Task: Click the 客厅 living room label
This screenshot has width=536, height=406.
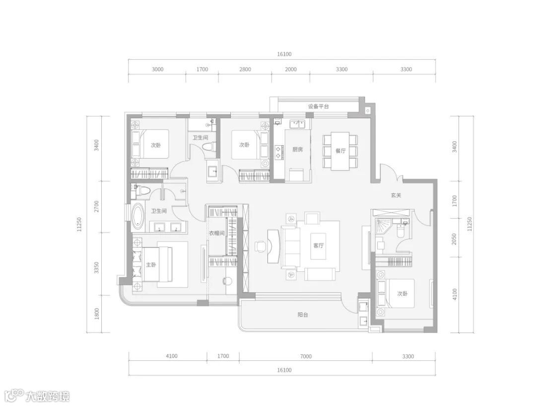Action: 319,245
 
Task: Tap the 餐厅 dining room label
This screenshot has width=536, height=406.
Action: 340,151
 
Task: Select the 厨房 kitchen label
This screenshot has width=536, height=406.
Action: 297,149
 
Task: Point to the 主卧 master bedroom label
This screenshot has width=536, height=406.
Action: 151,265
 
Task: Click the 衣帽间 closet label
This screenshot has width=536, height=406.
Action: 217,234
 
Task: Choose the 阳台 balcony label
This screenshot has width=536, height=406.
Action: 303,315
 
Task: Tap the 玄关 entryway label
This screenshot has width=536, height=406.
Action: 396,195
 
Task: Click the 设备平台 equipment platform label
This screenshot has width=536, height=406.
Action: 318,106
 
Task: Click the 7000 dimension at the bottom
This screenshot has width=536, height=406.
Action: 306,356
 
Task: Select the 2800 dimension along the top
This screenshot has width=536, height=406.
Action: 245,69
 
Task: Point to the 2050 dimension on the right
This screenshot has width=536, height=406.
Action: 454,240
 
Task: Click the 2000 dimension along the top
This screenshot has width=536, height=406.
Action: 291,69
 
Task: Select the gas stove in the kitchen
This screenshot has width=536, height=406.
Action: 278,153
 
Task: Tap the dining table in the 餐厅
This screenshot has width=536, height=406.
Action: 340,151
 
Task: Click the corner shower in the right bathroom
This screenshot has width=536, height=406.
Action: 382,226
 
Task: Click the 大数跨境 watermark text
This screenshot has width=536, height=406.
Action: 48,396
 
